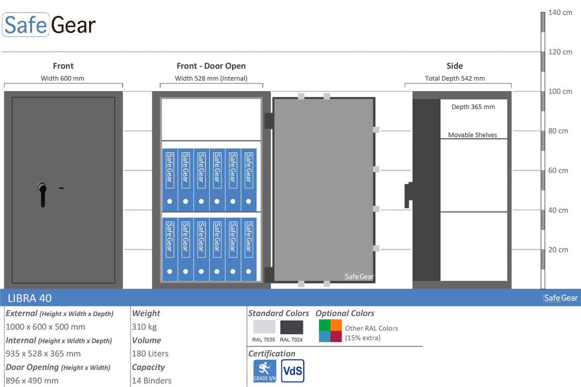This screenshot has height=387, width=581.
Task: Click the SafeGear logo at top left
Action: [49, 24]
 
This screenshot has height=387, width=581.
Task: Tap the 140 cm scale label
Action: [560, 13]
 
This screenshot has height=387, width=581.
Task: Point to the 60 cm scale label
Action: [558, 170]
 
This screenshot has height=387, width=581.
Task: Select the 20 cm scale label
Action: [558, 249]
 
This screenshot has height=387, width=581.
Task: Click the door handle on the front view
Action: [42, 194]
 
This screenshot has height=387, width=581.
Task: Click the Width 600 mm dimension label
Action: [62, 78]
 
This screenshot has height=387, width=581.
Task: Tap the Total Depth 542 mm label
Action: [454, 78]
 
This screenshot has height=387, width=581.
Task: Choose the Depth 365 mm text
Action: [473, 107]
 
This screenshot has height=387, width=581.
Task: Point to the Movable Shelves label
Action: [473, 135]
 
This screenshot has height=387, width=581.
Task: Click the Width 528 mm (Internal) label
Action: [211, 78]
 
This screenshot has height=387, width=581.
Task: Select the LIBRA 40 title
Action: [30, 298]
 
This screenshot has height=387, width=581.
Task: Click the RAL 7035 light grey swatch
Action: [264, 327]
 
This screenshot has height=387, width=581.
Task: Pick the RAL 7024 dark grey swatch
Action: [292, 327]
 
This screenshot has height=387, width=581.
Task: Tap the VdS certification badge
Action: [293, 371]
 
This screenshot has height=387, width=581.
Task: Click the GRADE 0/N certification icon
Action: [264, 371]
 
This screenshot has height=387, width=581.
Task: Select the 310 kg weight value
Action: [144, 327]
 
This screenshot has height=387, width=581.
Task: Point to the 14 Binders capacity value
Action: [151, 380]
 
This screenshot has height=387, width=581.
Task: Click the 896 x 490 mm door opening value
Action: [32, 380]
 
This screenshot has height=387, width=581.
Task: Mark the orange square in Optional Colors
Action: [336, 325]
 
